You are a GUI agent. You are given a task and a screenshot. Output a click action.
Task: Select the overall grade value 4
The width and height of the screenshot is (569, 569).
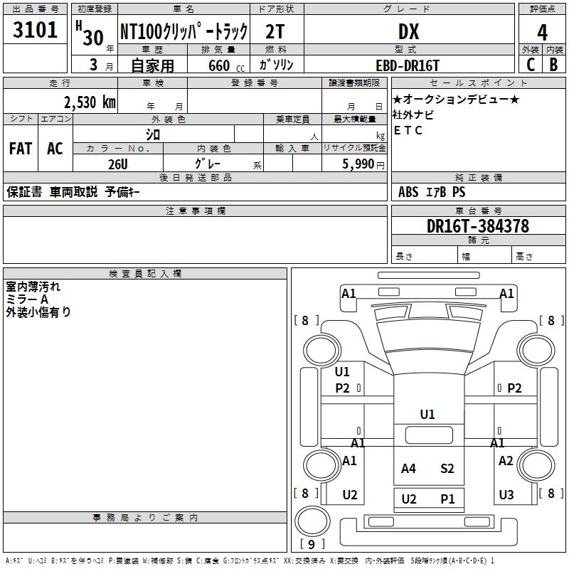[542, 33]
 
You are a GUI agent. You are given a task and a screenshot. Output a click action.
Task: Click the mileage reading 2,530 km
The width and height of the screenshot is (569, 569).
[90, 102]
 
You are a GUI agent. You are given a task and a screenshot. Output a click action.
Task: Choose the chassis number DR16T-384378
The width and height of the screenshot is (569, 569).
[478, 226]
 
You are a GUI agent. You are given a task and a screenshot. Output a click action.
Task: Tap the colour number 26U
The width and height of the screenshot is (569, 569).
[117, 164]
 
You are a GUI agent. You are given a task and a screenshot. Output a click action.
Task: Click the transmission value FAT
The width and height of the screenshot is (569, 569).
[20, 149]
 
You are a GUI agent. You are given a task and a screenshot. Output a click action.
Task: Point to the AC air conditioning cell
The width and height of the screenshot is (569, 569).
[55, 149]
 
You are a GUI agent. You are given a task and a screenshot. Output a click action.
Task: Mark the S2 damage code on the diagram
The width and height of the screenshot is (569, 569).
[447, 468]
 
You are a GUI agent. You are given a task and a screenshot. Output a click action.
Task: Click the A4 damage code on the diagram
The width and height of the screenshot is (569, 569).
[408, 468]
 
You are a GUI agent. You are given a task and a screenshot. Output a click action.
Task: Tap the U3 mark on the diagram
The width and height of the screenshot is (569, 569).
[506, 495]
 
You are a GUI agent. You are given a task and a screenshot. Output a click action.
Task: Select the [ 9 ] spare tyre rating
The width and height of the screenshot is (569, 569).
[312, 544]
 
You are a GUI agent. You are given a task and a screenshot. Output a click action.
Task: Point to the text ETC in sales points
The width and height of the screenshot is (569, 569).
[408, 130]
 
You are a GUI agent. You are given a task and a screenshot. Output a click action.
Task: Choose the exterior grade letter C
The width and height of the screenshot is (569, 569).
[530, 65]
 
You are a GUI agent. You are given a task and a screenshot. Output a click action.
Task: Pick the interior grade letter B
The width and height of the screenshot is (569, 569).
[553, 65]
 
